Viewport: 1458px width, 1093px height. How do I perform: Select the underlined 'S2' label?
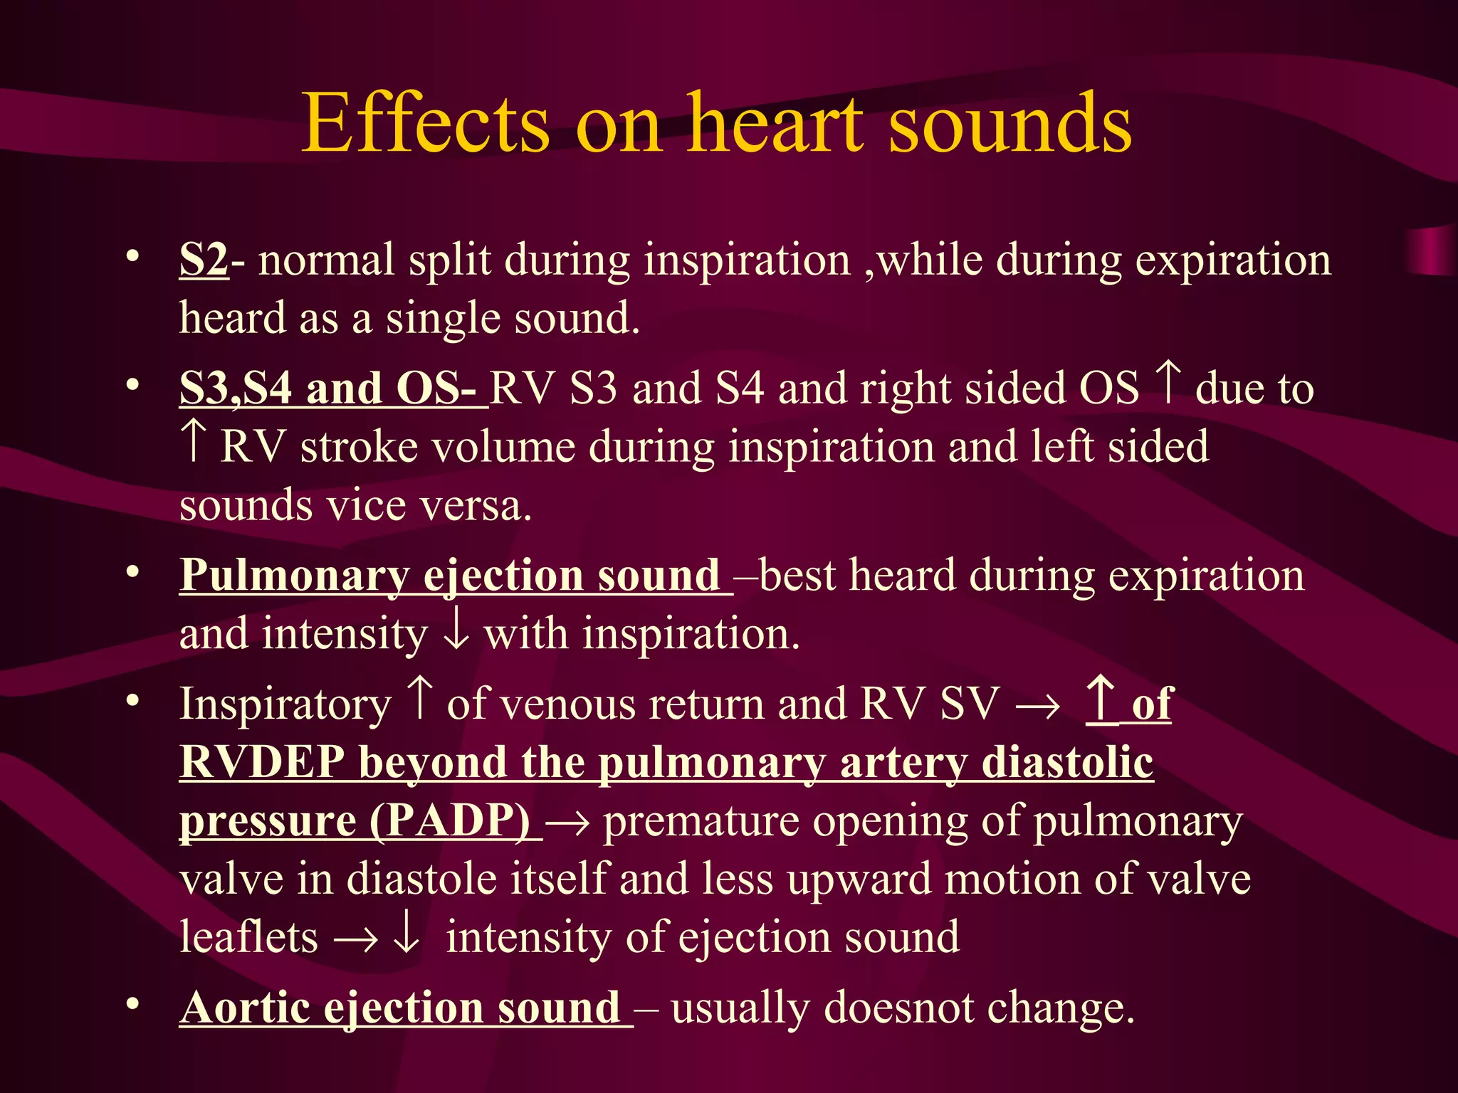204,260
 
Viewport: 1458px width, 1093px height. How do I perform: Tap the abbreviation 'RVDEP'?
262,762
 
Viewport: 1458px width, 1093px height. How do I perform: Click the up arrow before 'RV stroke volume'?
193,440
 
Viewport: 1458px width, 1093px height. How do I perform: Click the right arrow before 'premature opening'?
570,823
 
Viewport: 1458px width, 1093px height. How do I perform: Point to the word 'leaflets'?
248,937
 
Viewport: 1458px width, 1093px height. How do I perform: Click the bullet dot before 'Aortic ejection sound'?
132,1004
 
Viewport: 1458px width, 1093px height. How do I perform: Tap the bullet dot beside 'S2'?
132,257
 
